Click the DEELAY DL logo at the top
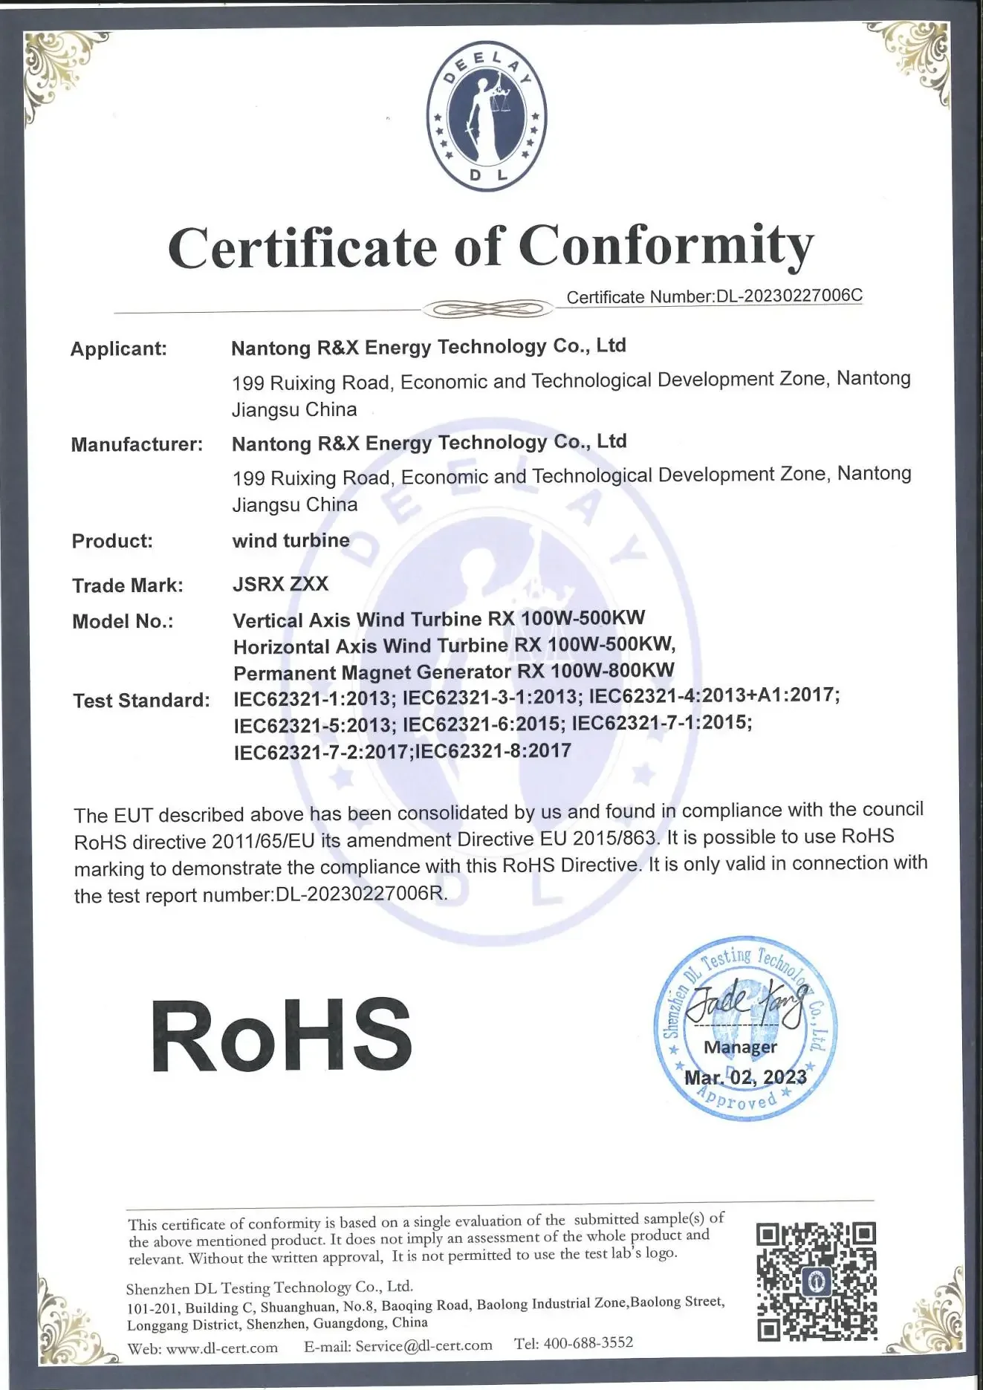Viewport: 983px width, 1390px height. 487,117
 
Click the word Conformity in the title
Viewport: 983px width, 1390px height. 666,247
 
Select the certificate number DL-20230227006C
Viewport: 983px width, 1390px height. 788,296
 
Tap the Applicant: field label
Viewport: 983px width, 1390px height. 119,348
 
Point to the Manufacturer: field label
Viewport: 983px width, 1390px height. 137,444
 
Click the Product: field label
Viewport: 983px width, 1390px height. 112,541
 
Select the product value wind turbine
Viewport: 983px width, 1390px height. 291,540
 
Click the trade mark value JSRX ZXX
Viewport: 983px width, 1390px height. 280,584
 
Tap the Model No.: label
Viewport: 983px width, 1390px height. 123,621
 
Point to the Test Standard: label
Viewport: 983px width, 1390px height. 141,700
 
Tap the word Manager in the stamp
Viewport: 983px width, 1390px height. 740,1047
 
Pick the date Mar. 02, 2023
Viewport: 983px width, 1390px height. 745,1077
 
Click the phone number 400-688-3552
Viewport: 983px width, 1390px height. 588,1342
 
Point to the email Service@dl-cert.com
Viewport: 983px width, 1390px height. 424,1345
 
